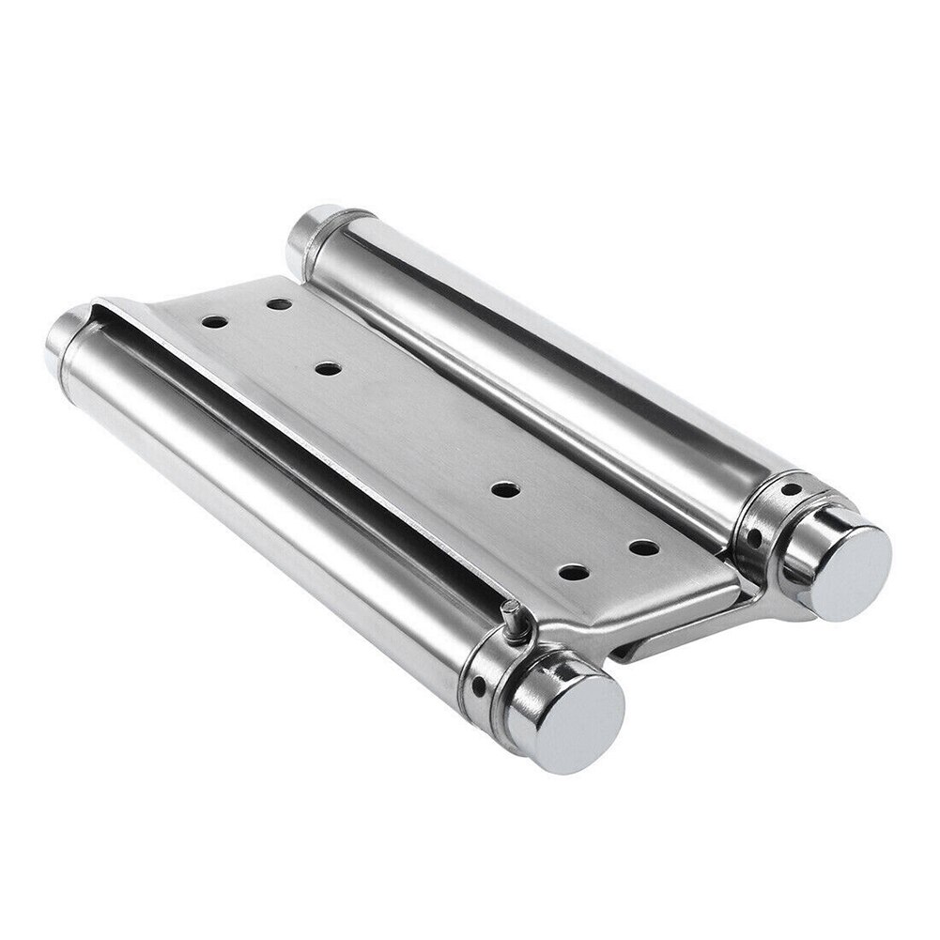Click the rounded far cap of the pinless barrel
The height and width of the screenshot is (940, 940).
coord(308,234)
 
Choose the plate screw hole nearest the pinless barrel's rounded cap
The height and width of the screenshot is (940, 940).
coord(278,303)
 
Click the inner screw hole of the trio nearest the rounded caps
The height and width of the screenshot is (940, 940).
coord(327,368)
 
